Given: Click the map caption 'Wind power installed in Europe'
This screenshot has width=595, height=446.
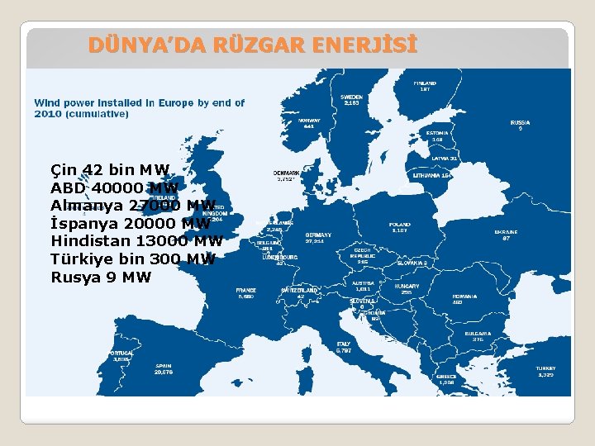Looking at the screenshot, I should pyautogui.click(x=139, y=108).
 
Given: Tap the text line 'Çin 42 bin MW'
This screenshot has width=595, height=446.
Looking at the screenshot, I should pyautogui.click(x=110, y=170).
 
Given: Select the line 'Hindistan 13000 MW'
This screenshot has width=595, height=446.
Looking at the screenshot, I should pyautogui.click(x=136, y=241).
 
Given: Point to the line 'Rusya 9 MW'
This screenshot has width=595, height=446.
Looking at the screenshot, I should pyautogui.click(x=101, y=277).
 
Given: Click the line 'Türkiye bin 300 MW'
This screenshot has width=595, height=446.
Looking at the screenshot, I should pyautogui.click(x=133, y=259).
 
